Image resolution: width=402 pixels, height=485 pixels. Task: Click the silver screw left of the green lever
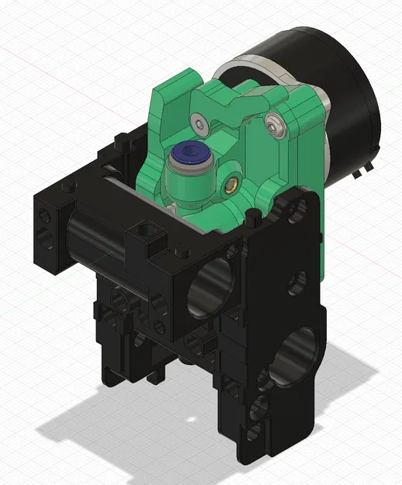point(202,123)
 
